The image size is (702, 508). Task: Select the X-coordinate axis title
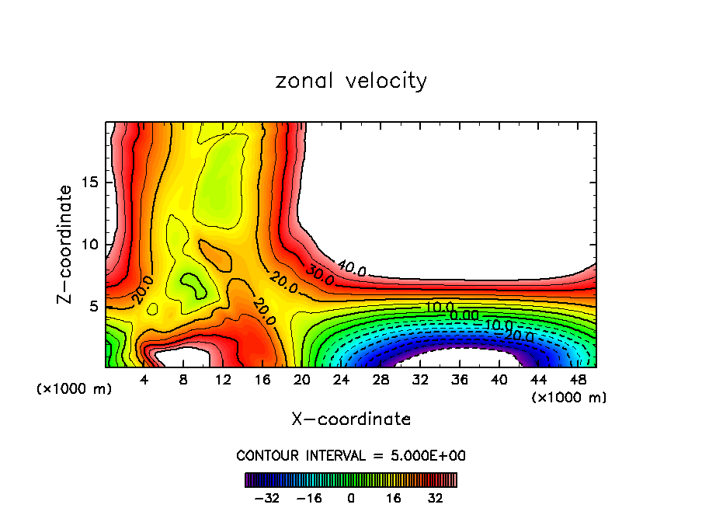coord(351,419)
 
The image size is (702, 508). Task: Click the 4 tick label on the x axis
coord(144,380)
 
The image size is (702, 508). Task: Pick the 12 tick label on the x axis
coord(223,380)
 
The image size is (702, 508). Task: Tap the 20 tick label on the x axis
coord(302,380)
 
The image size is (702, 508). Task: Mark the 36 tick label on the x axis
coord(460,380)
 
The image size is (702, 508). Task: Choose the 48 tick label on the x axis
coord(579,380)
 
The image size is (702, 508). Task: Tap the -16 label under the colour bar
coord(309,497)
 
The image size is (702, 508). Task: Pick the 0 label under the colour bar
coord(351,497)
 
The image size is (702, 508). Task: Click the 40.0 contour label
coord(351,270)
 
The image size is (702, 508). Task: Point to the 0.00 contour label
coord(464,315)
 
